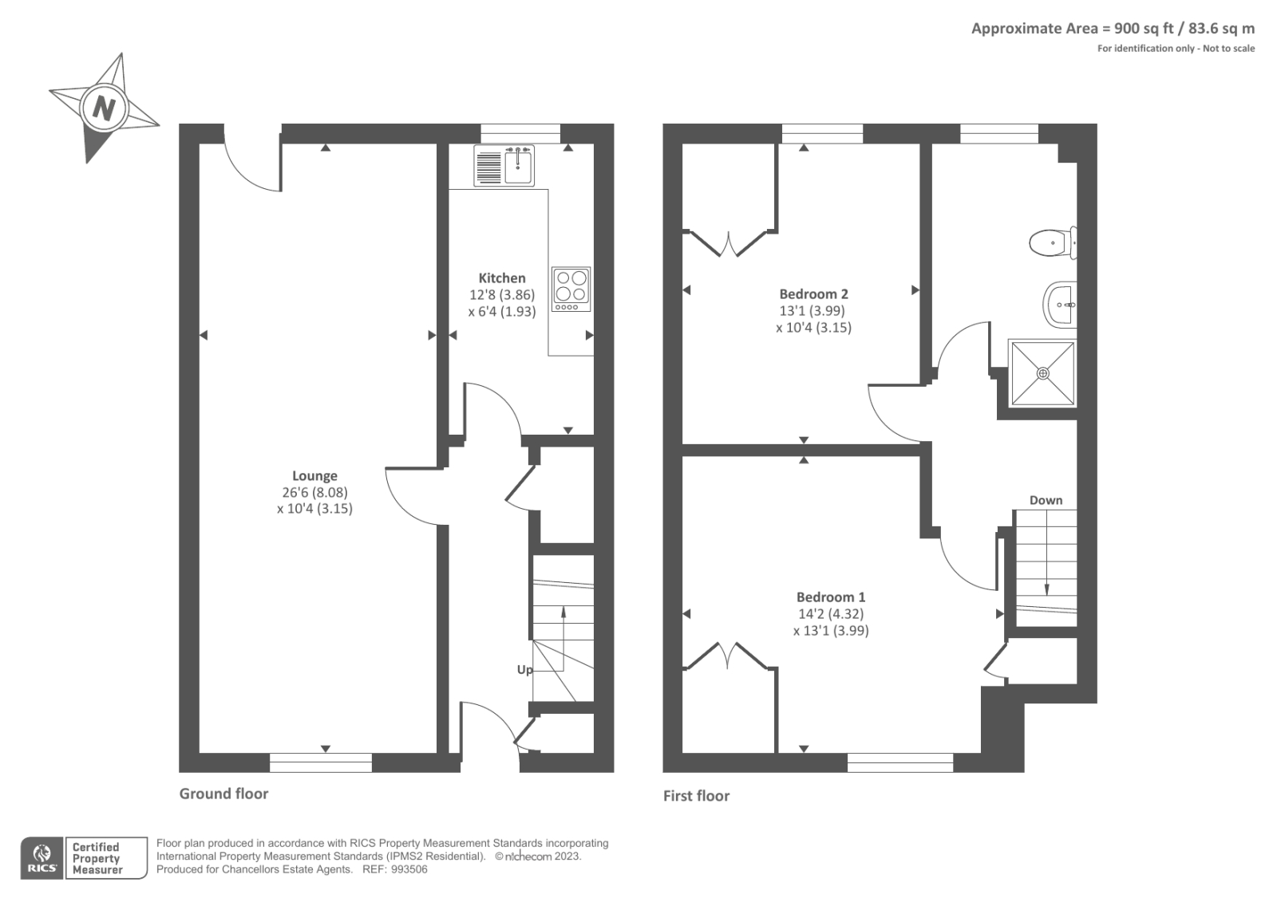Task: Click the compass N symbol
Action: tap(103, 107)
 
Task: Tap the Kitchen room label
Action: tap(501, 278)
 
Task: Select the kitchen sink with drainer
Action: tap(504, 166)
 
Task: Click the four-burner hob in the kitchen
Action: tap(571, 289)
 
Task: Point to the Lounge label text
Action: tap(314, 475)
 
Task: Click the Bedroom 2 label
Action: tap(813, 293)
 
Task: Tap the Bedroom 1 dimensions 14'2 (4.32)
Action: tap(831, 613)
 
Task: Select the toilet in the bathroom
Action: tap(1052, 242)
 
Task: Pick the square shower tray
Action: tap(1042, 372)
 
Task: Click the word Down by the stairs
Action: tap(1046, 500)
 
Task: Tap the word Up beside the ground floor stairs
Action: tap(524, 669)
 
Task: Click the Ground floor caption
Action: tap(223, 793)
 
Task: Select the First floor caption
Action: tap(696, 795)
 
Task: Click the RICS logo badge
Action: tap(42, 857)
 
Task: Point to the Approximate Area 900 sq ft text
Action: tap(1112, 29)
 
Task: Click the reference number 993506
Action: tap(409, 869)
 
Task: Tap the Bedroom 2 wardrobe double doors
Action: tap(729, 242)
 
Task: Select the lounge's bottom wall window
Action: tap(321, 762)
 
